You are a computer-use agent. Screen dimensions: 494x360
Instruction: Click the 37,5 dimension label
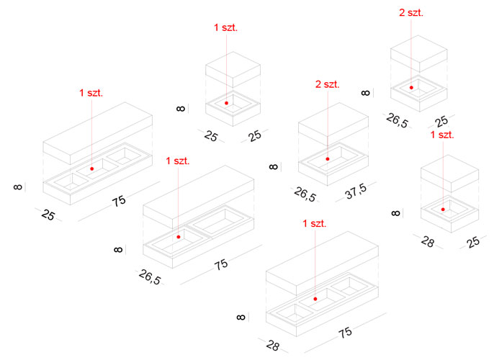[x=356, y=192]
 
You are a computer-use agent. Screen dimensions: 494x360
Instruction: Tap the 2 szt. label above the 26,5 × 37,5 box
[x=328, y=84]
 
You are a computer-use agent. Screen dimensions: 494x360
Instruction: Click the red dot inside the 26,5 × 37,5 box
[x=328, y=159]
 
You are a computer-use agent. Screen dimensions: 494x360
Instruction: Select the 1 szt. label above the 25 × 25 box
[x=225, y=27]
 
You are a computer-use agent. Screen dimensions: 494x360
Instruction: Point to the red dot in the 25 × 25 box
[x=227, y=103]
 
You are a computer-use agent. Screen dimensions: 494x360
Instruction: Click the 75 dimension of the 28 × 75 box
[x=346, y=333]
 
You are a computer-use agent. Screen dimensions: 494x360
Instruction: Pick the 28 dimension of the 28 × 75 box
[x=272, y=346]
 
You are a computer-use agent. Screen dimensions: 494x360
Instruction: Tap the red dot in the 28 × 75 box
[x=315, y=299]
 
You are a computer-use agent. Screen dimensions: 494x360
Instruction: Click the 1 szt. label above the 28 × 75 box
[x=315, y=223]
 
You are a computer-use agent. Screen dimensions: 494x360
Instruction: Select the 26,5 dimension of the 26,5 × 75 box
[x=150, y=277]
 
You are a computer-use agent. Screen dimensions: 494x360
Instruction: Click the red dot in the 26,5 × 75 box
[x=179, y=237]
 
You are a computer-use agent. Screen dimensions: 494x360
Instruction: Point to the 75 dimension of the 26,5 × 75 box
[x=221, y=264]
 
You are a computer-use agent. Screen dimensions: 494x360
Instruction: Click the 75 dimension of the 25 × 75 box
[x=119, y=201]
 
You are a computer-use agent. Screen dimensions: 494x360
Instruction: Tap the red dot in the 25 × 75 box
[x=92, y=168]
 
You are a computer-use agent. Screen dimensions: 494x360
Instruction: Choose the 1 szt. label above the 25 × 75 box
[x=91, y=93]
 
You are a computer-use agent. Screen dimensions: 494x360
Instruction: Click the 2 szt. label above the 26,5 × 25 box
[x=411, y=12]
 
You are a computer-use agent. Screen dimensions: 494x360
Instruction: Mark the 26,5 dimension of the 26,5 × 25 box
[x=398, y=121]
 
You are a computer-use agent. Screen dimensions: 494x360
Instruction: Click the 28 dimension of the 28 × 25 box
[x=428, y=242]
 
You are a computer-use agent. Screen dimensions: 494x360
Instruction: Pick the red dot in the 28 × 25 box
[x=443, y=210]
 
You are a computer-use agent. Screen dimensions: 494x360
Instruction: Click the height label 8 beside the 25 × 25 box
[x=181, y=109]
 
